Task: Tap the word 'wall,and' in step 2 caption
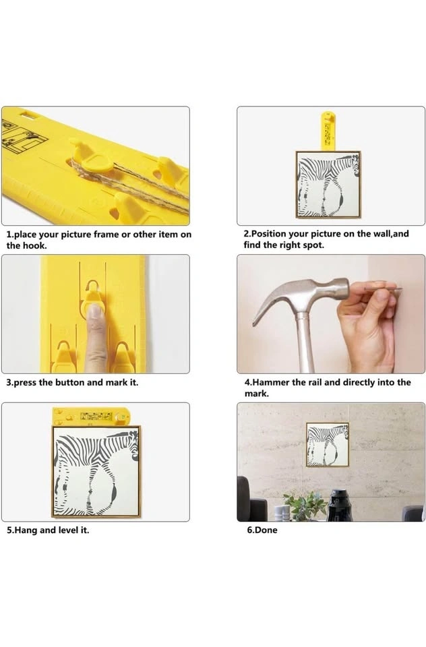click(391, 234)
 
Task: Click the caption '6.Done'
click(262, 530)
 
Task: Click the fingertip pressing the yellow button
click(96, 311)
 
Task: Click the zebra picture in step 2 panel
click(328, 185)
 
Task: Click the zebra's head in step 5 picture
click(133, 445)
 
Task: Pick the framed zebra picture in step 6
click(328, 445)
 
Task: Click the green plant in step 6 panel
click(305, 505)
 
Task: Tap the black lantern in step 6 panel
click(339, 505)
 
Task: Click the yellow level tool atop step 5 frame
click(91, 417)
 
